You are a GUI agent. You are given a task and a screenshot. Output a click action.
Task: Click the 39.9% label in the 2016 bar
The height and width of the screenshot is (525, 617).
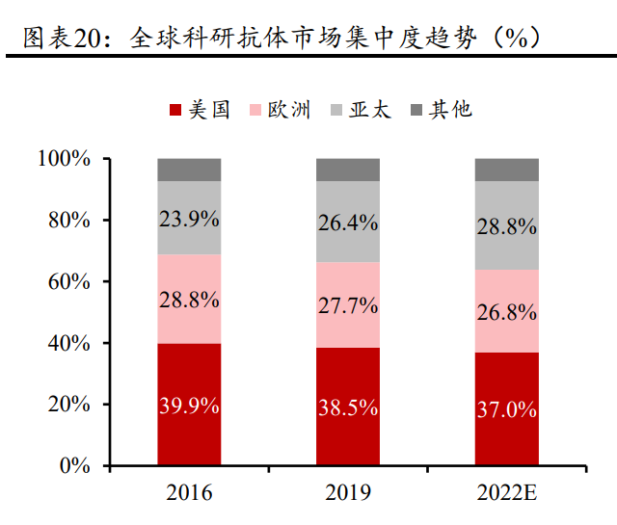(189, 406)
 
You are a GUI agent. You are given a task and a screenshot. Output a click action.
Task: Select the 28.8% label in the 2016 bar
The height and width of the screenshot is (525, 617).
(189, 299)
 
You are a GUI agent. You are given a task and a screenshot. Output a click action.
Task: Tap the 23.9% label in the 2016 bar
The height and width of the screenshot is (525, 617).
(189, 219)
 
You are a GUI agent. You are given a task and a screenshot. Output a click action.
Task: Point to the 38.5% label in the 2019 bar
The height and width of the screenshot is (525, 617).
(348, 407)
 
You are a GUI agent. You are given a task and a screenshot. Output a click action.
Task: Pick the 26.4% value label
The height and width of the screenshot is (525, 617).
(348, 223)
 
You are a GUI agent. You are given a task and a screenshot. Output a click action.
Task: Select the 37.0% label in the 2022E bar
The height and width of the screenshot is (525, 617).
(506, 409)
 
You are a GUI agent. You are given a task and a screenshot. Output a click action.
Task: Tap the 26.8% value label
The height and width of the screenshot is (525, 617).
(506, 311)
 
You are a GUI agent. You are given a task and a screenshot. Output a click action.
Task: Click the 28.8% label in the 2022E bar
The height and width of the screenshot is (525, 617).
(506, 226)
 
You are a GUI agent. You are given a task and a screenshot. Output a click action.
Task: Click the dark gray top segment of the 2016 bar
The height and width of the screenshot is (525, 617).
(189, 170)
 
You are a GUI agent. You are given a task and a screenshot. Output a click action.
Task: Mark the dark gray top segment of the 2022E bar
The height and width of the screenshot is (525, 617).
(506, 170)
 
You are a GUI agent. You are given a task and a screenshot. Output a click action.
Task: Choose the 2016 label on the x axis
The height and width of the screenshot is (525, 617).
(189, 494)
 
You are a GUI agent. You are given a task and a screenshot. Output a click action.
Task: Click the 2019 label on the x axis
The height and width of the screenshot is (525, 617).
(348, 494)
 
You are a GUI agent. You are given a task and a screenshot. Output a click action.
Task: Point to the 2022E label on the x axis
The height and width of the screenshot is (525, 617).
(506, 494)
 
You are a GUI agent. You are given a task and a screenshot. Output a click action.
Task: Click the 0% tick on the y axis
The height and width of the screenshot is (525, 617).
(73, 466)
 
